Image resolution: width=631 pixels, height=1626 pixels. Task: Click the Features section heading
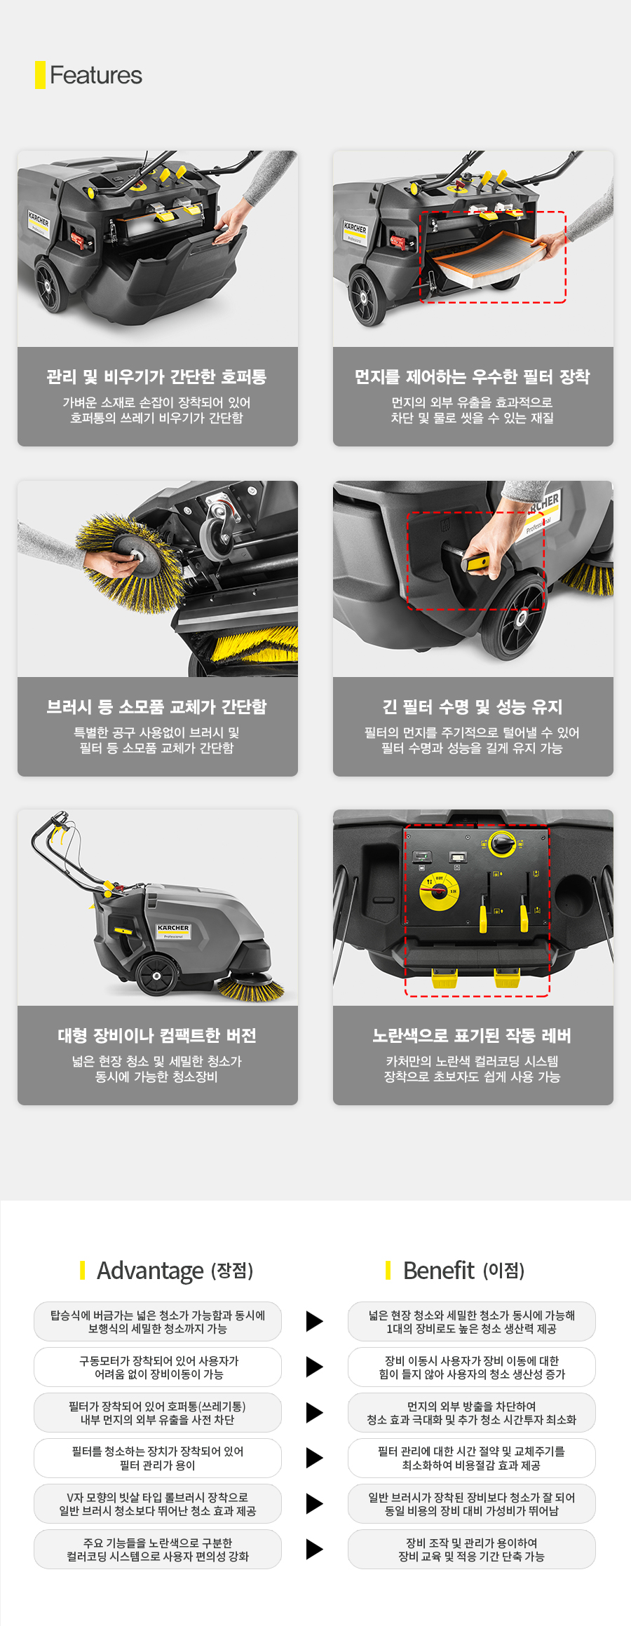tap(96, 75)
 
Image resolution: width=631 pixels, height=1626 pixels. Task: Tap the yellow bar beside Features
tap(40, 75)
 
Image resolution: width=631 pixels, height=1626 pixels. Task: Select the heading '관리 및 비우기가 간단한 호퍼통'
tap(157, 376)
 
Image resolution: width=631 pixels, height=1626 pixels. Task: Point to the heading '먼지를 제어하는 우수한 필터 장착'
tap(473, 376)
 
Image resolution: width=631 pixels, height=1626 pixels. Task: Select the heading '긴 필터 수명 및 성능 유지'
tap(473, 706)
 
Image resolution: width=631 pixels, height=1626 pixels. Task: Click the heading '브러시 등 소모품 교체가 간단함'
tap(157, 706)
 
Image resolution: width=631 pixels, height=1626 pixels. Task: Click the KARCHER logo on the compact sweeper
tap(173, 928)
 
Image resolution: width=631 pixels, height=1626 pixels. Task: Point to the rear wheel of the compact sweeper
tap(156, 976)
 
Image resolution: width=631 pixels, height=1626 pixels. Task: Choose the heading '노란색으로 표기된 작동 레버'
tap(473, 1035)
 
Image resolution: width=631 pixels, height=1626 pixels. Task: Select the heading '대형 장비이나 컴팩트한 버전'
tap(157, 1035)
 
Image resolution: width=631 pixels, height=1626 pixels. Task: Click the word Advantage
tap(150, 1271)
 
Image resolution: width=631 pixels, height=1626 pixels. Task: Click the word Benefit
tap(439, 1270)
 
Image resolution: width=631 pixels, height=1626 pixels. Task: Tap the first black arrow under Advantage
tap(315, 1321)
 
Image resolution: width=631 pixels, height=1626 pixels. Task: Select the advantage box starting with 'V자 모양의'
tap(158, 1504)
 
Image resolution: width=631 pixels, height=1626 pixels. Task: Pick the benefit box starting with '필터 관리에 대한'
tap(472, 1458)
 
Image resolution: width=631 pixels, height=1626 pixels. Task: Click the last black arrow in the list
tap(315, 1550)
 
